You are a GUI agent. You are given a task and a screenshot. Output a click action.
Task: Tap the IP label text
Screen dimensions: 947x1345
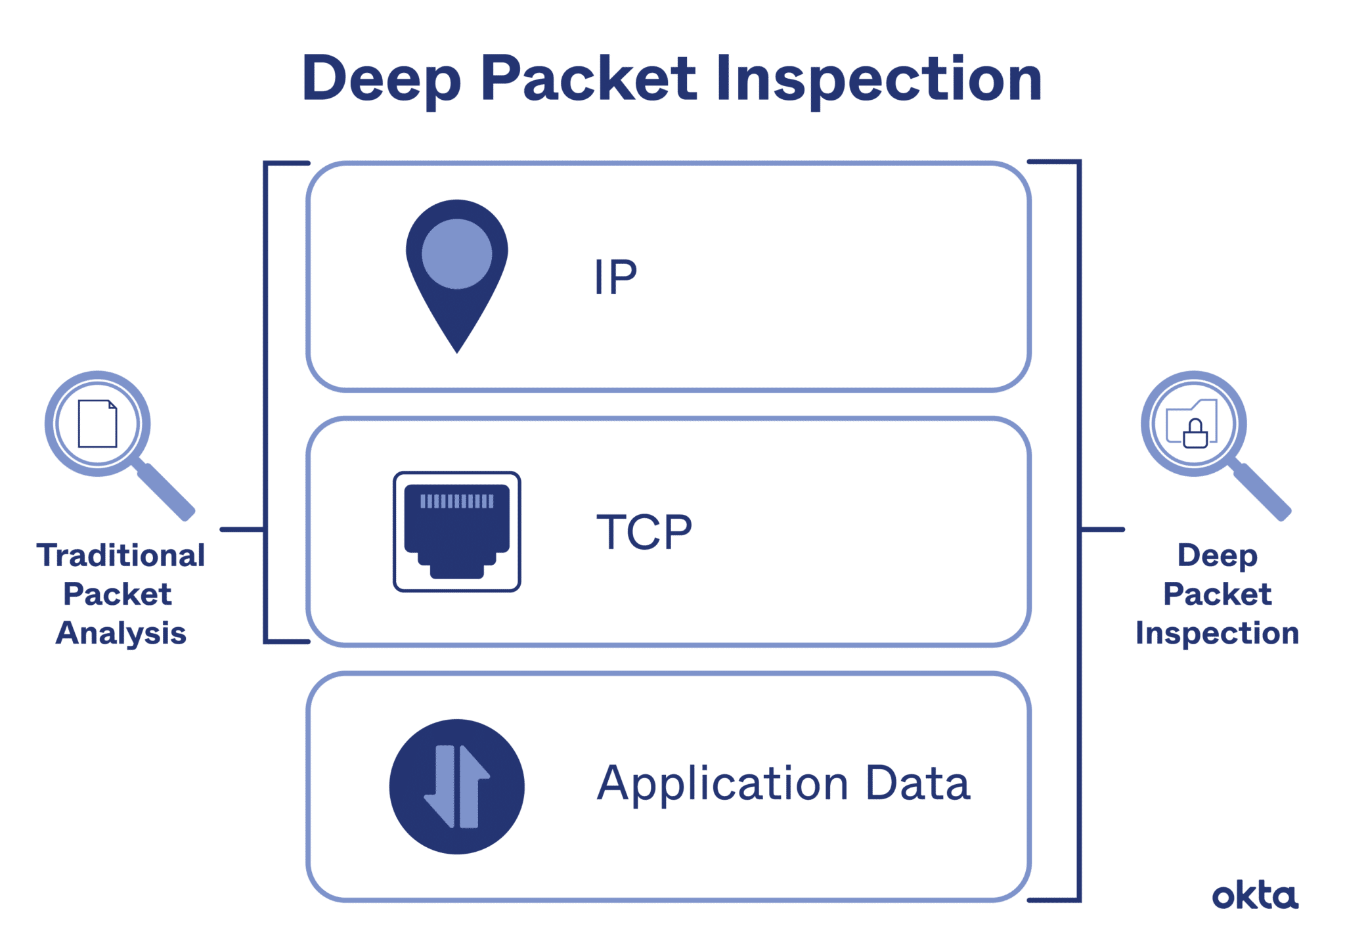[x=615, y=276]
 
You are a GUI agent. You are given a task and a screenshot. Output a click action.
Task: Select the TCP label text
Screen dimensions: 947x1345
[x=644, y=532]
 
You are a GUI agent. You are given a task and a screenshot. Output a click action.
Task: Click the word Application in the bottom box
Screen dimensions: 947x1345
[x=722, y=785]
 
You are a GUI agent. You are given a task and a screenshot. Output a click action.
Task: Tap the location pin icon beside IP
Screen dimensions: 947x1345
[x=456, y=276]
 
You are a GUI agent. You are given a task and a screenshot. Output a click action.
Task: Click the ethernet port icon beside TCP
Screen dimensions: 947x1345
[x=456, y=532]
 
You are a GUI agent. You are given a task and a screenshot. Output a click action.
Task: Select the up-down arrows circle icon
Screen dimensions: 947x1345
[x=456, y=786]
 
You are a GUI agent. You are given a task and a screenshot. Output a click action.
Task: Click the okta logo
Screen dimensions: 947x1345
[x=1254, y=896]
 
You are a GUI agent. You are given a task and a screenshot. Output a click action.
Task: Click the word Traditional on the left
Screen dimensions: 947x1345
[x=121, y=556]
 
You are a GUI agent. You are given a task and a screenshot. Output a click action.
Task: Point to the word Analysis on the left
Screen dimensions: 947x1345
[x=121, y=634]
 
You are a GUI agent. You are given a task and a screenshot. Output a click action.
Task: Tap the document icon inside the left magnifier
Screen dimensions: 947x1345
[x=97, y=424]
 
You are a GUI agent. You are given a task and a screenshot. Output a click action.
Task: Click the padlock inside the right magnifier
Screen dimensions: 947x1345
[x=1195, y=435]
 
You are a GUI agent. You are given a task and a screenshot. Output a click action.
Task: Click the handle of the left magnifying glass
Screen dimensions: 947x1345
[x=164, y=491]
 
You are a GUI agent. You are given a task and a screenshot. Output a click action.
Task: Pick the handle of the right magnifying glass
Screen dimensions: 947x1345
[x=1261, y=491]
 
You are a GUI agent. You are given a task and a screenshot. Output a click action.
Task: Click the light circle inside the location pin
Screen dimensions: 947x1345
[x=456, y=253]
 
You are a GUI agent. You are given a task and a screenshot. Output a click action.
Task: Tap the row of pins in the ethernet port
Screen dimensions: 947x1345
[x=456, y=502]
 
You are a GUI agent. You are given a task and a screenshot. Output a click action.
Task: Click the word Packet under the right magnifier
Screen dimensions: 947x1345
[x=1217, y=595]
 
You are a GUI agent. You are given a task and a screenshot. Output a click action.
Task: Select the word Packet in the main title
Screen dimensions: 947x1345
[x=588, y=80]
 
